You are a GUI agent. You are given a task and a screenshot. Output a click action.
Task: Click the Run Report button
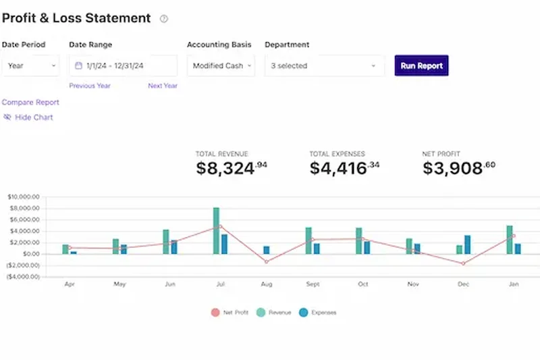[x=421, y=66]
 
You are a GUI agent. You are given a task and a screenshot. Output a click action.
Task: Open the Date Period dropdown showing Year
[x=32, y=66]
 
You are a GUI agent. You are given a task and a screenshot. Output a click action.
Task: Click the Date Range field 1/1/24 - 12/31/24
[x=123, y=66]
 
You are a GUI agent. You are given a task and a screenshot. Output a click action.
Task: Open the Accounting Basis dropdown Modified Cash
[x=221, y=66]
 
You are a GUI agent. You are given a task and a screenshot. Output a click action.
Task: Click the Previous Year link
[x=90, y=86]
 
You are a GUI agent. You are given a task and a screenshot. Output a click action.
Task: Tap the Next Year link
[x=163, y=86]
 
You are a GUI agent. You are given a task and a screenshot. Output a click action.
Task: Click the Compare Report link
[x=30, y=102]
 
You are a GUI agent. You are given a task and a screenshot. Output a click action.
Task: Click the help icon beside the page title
[x=163, y=19]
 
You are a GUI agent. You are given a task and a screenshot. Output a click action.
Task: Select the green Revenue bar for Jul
[x=216, y=230]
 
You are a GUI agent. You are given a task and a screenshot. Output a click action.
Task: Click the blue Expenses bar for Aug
[x=266, y=250]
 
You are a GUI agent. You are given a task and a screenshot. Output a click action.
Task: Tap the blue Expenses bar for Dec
[x=467, y=245]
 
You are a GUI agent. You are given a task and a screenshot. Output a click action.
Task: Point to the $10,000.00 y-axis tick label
[x=24, y=197]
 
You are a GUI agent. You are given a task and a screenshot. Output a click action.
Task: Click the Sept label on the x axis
[x=312, y=285]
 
